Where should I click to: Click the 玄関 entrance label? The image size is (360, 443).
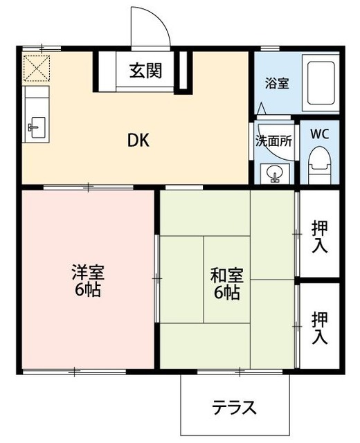coord(145,71)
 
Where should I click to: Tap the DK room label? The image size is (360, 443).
coord(138,140)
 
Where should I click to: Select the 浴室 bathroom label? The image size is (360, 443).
coord(278,82)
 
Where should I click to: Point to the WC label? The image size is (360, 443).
coord(319,134)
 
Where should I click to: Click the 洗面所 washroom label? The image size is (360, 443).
coord(274,139)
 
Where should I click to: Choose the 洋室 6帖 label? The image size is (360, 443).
coord(87,280)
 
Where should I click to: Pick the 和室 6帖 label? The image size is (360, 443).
coord(226,282)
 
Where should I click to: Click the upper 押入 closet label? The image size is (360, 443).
coord(320,236)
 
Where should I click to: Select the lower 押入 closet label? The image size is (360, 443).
coord(320,328)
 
